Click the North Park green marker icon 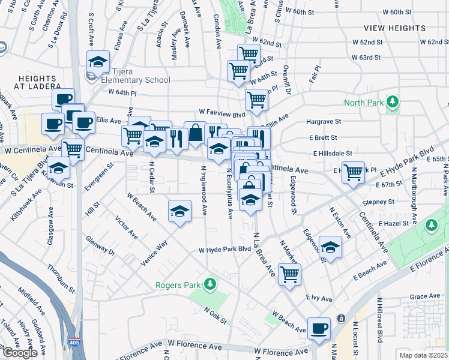coord(393,102)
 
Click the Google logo coord(20,353)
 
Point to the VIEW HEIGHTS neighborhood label coord(394,28)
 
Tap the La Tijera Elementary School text coord(136,80)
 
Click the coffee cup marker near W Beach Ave coord(319,328)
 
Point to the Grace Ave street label coord(425,296)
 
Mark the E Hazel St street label coord(393,223)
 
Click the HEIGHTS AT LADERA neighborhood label coord(37,83)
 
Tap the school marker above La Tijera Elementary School coord(98,61)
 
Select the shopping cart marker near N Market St coord(289,274)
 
